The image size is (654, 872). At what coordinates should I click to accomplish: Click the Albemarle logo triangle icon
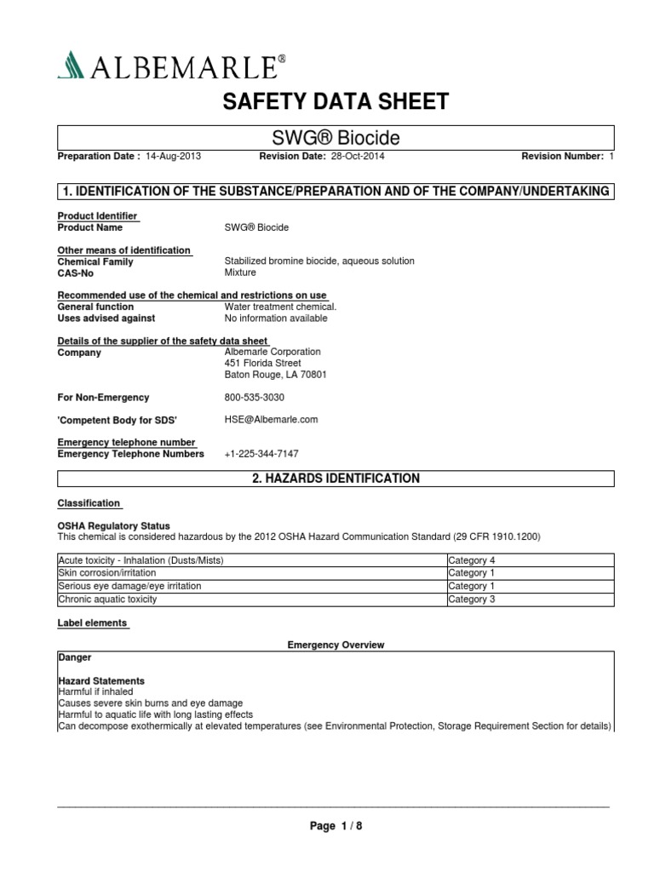tap(69, 64)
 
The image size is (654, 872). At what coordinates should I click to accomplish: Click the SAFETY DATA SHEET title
tap(335, 102)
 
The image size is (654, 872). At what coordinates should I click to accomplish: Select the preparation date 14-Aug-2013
tap(174, 158)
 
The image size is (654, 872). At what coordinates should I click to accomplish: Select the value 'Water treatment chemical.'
tap(280, 307)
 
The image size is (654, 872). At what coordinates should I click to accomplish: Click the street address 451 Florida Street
tap(262, 363)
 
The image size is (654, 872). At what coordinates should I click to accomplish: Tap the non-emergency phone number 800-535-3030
tap(255, 397)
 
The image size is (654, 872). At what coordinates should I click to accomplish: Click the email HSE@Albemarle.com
tap(271, 420)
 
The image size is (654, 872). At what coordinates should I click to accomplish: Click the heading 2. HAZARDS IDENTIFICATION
tap(336, 479)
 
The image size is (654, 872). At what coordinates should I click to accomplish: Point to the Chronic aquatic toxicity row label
tap(107, 599)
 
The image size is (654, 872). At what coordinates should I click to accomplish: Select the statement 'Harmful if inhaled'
tap(95, 692)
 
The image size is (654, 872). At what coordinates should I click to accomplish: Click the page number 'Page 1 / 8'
tap(335, 825)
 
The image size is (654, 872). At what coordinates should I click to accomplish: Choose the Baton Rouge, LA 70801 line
tap(275, 375)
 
